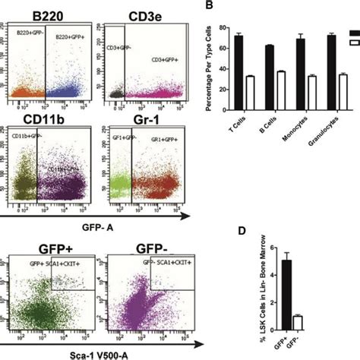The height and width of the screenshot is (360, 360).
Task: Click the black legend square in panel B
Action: pyautogui.click(x=353, y=33)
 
